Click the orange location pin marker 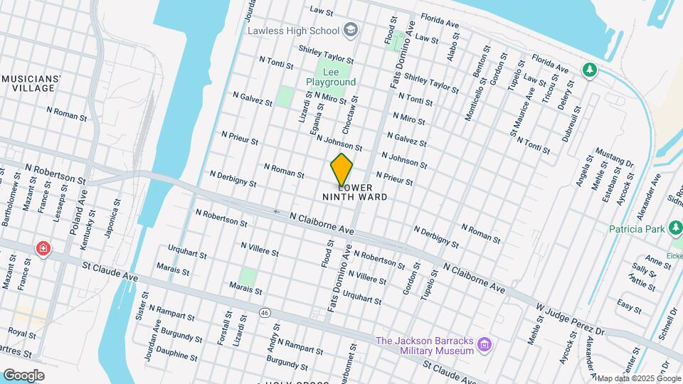click(342, 169)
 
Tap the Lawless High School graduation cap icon click(351, 30)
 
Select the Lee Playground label click(331, 78)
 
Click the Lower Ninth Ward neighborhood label click(355, 192)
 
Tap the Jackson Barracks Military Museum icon click(485, 346)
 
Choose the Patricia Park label click(635, 229)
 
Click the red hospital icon click(43, 248)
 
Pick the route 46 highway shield click(265, 312)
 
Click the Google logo click(23, 375)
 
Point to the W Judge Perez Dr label click(570, 320)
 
